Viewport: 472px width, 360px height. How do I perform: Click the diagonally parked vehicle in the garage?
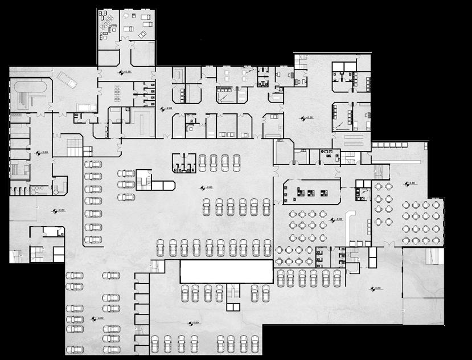[68, 80]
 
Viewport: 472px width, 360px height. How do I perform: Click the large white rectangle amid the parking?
[227, 271]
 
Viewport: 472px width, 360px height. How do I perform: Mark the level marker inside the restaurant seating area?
[337, 219]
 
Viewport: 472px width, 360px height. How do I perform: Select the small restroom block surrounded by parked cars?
[184, 162]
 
